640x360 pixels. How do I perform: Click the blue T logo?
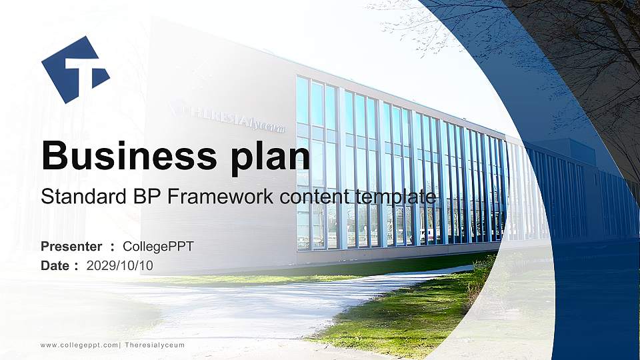pyautogui.click(x=74, y=69)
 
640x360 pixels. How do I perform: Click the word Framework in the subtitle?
pyautogui.click(x=207, y=197)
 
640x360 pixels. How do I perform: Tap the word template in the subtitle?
pyautogui.click(x=396, y=197)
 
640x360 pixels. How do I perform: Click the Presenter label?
pyautogui.click(x=71, y=247)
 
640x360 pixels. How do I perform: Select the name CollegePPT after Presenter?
pyautogui.click(x=158, y=247)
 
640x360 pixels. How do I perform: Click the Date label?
pyautogui.click(x=55, y=266)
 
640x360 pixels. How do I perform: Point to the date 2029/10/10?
pyautogui.click(x=120, y=266)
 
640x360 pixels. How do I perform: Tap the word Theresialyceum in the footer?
pyautogui.click(x=155, y=345)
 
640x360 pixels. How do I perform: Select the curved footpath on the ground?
pyautogui.click(x=267, y=300)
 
